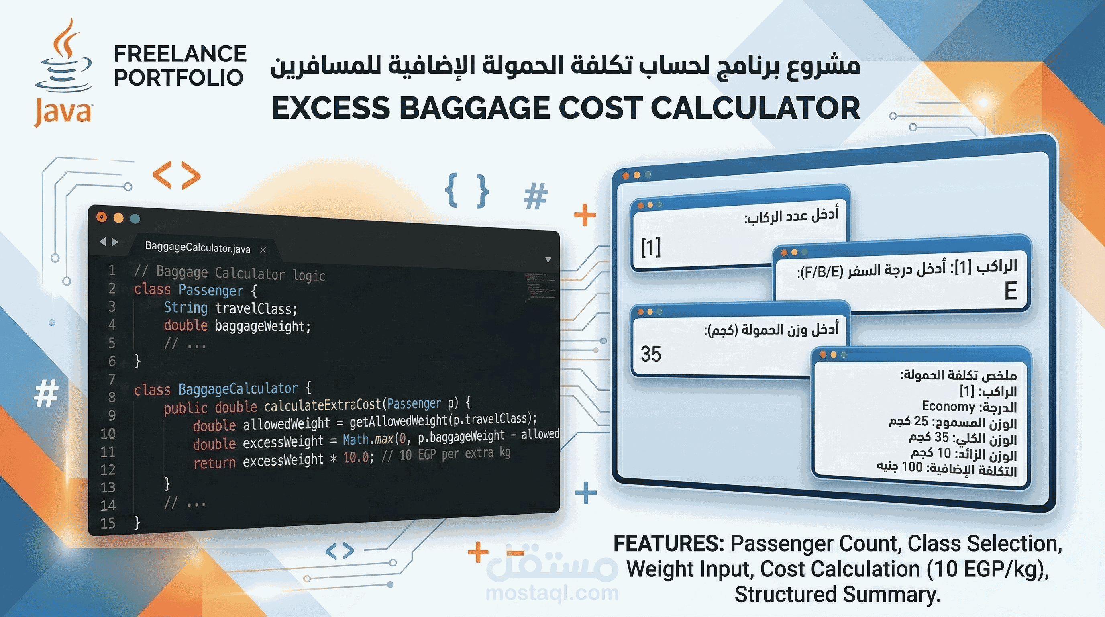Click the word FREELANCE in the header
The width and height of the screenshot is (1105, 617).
180,54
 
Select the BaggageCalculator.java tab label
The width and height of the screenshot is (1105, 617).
197,247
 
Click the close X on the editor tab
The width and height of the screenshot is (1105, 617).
263,250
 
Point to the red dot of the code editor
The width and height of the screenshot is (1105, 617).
102,217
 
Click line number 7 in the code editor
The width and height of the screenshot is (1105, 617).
112,379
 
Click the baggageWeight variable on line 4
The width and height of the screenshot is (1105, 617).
259,326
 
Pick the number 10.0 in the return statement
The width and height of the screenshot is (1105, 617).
356,458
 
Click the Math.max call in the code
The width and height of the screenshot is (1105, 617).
368,439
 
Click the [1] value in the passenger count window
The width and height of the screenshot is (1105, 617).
650,247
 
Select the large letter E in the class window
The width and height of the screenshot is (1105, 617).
1011,292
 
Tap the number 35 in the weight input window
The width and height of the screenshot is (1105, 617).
650,354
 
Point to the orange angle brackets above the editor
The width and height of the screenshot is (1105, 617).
177,175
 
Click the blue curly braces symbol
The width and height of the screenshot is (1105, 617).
467,190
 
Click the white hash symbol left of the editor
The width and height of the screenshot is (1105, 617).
46,393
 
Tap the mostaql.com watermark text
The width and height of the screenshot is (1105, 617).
552,593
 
